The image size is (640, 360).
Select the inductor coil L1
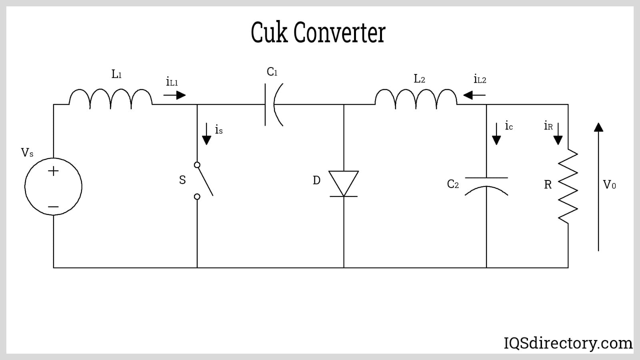pyautogui.click(x=111, y=98)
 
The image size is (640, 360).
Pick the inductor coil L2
pyautogui.click(x=416, y=98)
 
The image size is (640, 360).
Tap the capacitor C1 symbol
pyautogui.click(x=274, y=104)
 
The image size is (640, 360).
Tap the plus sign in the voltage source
pyautogui.click(x=53, y=171)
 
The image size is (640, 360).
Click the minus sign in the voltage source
pyautogui.click(x=53, y=207)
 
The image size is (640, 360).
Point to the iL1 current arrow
pyautogui.click(x=175, y=95)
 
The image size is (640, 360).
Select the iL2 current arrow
pyautogui.click(x=474, y=95)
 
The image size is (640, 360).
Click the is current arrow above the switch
pyautogui.click(x=206, y=134)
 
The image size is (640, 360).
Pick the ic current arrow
pyautogui.click(x=496, y=134)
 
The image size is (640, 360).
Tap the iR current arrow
pyautogui.click(x=558, y=134)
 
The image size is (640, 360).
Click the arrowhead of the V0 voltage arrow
pyautogui.click(x=598, y=127)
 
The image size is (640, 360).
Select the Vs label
pyautogui.click(x=27, y=152)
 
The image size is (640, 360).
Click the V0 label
pyautogui.click(x=609, y=184)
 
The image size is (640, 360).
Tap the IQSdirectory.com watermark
pyautogui.click(x=568, y=343)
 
